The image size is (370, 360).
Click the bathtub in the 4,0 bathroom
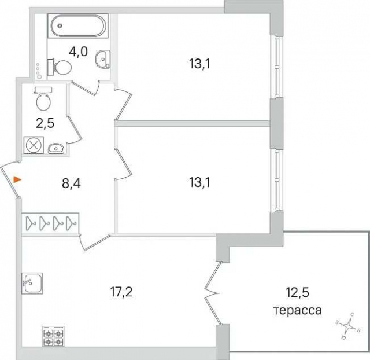click(79, 27)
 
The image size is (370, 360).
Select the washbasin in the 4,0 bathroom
click(103, 58)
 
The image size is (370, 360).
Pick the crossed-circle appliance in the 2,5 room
click(33, 145)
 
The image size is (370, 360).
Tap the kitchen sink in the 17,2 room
click(31, 283)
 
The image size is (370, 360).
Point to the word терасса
click(297, 310)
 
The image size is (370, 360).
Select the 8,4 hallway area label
click(71, 185)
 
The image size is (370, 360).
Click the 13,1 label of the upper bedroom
click(198, 64)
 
